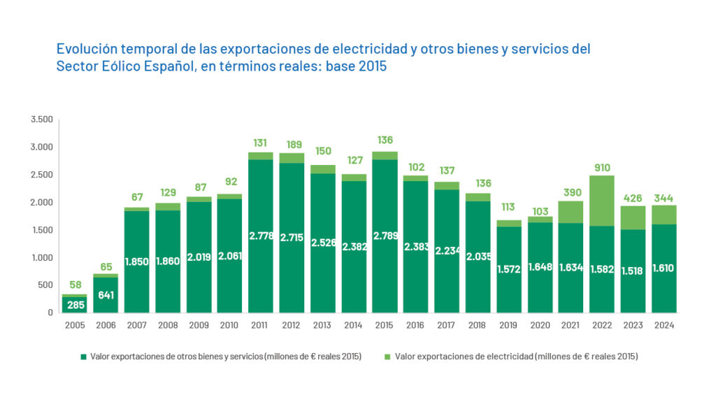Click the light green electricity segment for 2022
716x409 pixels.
pos(602,201)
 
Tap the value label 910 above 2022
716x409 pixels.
pos(602,168)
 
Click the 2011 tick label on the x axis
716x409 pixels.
pos(259,325)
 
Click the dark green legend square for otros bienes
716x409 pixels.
pos(84,357)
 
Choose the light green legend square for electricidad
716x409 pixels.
pos(389,357)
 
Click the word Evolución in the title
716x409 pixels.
pos(87,50)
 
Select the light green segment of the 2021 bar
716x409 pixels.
pos(571,212)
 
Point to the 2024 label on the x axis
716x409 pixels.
pos(664,325)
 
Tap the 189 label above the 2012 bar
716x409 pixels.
pos(291,144)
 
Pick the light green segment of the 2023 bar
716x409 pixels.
pos(633,217)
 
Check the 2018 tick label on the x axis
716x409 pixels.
pos(478,325)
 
